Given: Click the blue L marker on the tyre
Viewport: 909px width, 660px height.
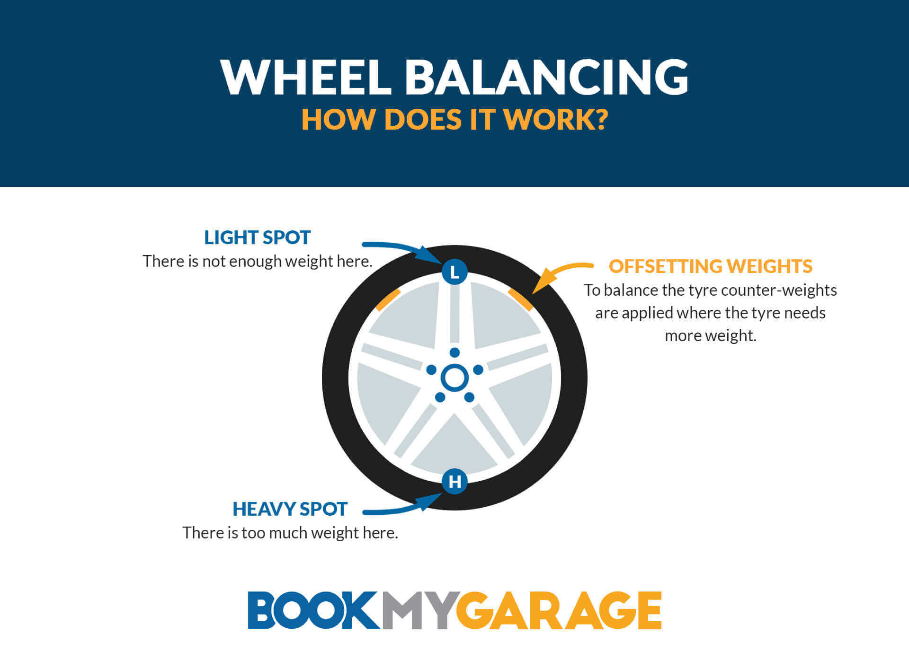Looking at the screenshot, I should (x=454, y=272).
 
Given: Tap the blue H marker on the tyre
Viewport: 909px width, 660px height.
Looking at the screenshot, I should (x=454, y=482).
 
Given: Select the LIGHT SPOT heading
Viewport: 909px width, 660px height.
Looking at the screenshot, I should (x=257, y=238).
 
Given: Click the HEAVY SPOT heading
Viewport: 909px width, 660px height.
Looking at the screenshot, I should (x=290, y=509).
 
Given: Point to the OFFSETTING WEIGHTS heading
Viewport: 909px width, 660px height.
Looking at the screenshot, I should (x=710, y=266).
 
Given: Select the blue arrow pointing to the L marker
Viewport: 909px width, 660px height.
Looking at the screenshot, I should (x=402, y=249).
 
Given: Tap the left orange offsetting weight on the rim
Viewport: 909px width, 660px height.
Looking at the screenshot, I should (x=388, y=299).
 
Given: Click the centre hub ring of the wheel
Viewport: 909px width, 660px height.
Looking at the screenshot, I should (x=454, y=378).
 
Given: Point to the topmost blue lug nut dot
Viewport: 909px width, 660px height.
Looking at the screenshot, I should (x=454, y=352).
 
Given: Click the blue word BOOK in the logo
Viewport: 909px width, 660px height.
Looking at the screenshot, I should (x=313, y=610).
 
